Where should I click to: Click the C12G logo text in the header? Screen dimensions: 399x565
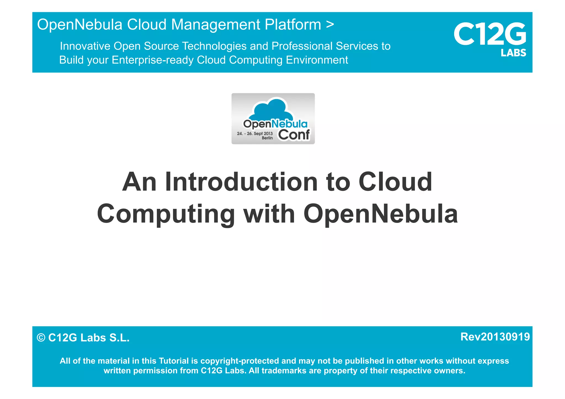[490, 34]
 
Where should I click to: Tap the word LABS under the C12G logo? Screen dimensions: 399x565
[513, 53]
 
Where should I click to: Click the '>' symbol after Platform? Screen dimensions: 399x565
[330, 24]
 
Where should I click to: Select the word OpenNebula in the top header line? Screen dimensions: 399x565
[80, 25]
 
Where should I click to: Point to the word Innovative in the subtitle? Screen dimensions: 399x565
[85, 46]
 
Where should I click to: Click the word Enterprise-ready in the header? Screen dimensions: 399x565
[153, 60]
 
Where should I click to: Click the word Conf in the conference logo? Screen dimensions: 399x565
[294, 135]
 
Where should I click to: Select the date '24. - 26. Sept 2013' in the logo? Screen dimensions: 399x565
[255, 133]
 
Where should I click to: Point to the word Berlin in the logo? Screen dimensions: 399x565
[267, 138]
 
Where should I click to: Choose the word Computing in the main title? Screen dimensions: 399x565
[166, 214]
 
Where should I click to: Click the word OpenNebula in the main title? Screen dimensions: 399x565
[380, 214]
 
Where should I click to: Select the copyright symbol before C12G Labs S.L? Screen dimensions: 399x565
[41, 338]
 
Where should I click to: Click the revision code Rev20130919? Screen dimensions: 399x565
[495, 337]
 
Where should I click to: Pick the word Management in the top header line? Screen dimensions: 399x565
[216, 25]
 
